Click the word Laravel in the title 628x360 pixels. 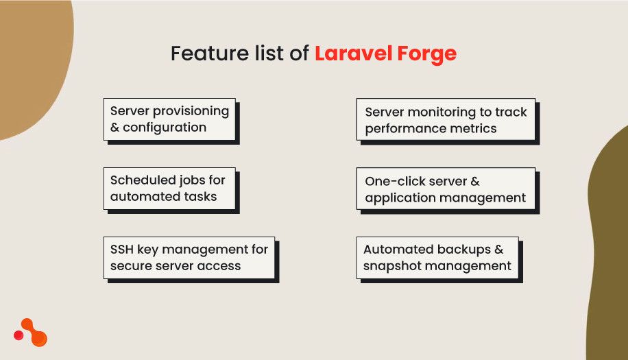pos(347,53)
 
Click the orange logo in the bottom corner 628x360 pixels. pos(31,333)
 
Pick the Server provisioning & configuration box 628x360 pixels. pos(169,119)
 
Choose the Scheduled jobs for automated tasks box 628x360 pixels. pos(169,188)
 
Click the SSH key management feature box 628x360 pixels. pos(189,258)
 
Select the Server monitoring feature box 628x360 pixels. pos(446,120)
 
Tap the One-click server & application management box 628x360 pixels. pos(446,189)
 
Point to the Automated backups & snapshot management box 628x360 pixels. pos(437,258)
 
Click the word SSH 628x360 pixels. pos(122,250)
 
